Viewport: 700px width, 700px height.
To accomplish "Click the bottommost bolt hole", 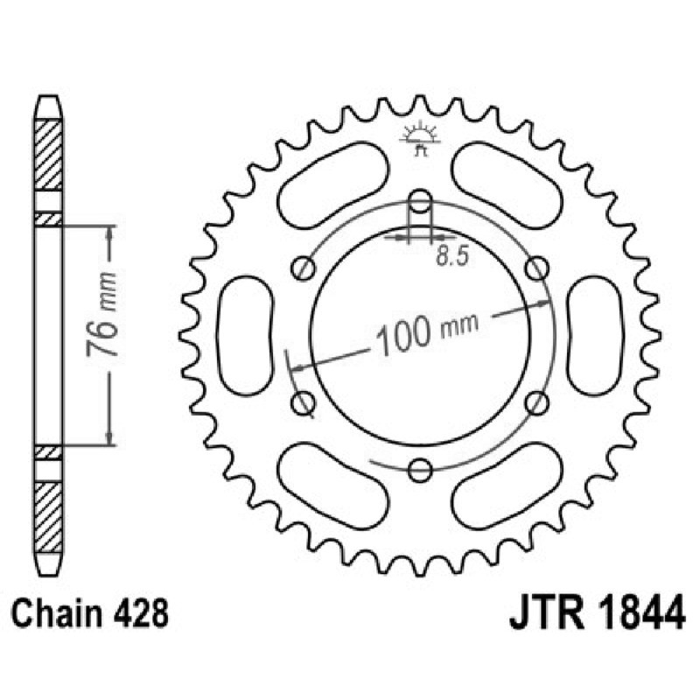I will click(x=421, y=471).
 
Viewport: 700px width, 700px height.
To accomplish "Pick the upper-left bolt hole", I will click(x=304, y=267).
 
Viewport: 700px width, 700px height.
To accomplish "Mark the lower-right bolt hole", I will click(x=538, y=402).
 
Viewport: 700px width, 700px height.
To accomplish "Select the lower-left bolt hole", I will click(x=304, y=402).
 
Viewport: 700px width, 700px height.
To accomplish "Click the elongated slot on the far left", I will click(x=245, y=335).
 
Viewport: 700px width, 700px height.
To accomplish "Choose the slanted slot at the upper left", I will click(x=332, y=183).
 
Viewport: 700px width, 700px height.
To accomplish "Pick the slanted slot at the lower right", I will click(x=509, y=486).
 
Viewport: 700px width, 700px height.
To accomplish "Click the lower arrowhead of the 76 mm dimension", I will click(x=109, y=439).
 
